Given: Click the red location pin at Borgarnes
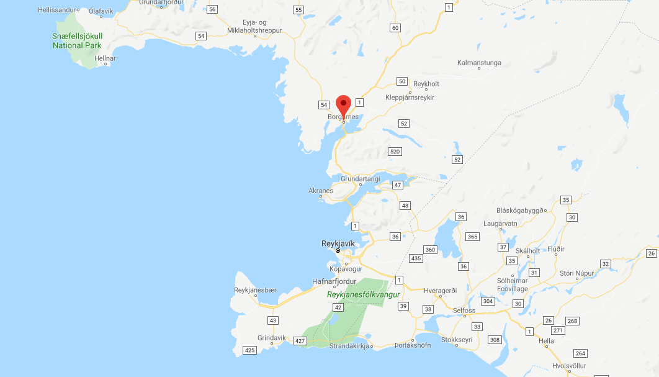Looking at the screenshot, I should pyautogui.click(x=343, y=106).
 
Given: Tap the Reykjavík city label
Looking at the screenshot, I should pyautogui.click(x=338, y=243).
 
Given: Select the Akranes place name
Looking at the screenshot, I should pyautogui.click(x=321, y=191).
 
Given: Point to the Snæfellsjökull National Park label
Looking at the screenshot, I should pyautogui.click(x=77, y=40).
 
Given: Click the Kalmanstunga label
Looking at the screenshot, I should pyautogui.click(x=479, y=63).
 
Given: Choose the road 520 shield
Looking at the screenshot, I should pyautogui.click(x=395, y=152).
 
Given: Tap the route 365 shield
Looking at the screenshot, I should pyautogui.click(x=472, y=237).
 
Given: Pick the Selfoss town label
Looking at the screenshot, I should pyautogui.click(x=464, y=311).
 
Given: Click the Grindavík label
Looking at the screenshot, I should pyautogui.click(x=272, y=338).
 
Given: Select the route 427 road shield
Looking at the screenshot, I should pyautogui.click(x=300, y=341).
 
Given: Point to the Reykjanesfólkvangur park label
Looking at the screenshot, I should pyautogui.click(x=364, y=294).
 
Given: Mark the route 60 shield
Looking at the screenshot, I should pyautogui.click(x=395, y=28).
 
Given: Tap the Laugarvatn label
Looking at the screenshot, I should pyautogui.click(x=498, y=224).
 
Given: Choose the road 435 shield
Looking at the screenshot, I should pyautogui.click(x=416, y=258).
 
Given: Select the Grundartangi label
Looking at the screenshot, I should pyautogui.click(x=360, y=179).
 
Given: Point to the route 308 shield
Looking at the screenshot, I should pyautogui.click(x=495, y=340).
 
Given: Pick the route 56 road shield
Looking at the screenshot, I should pyautogui.click(x=213, y=9).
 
